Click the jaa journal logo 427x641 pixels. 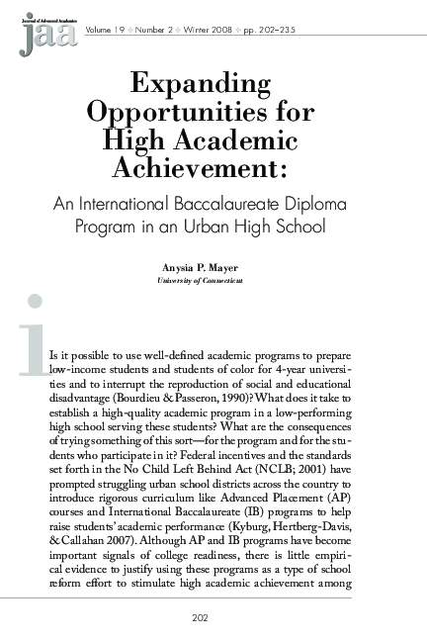point(38,33)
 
